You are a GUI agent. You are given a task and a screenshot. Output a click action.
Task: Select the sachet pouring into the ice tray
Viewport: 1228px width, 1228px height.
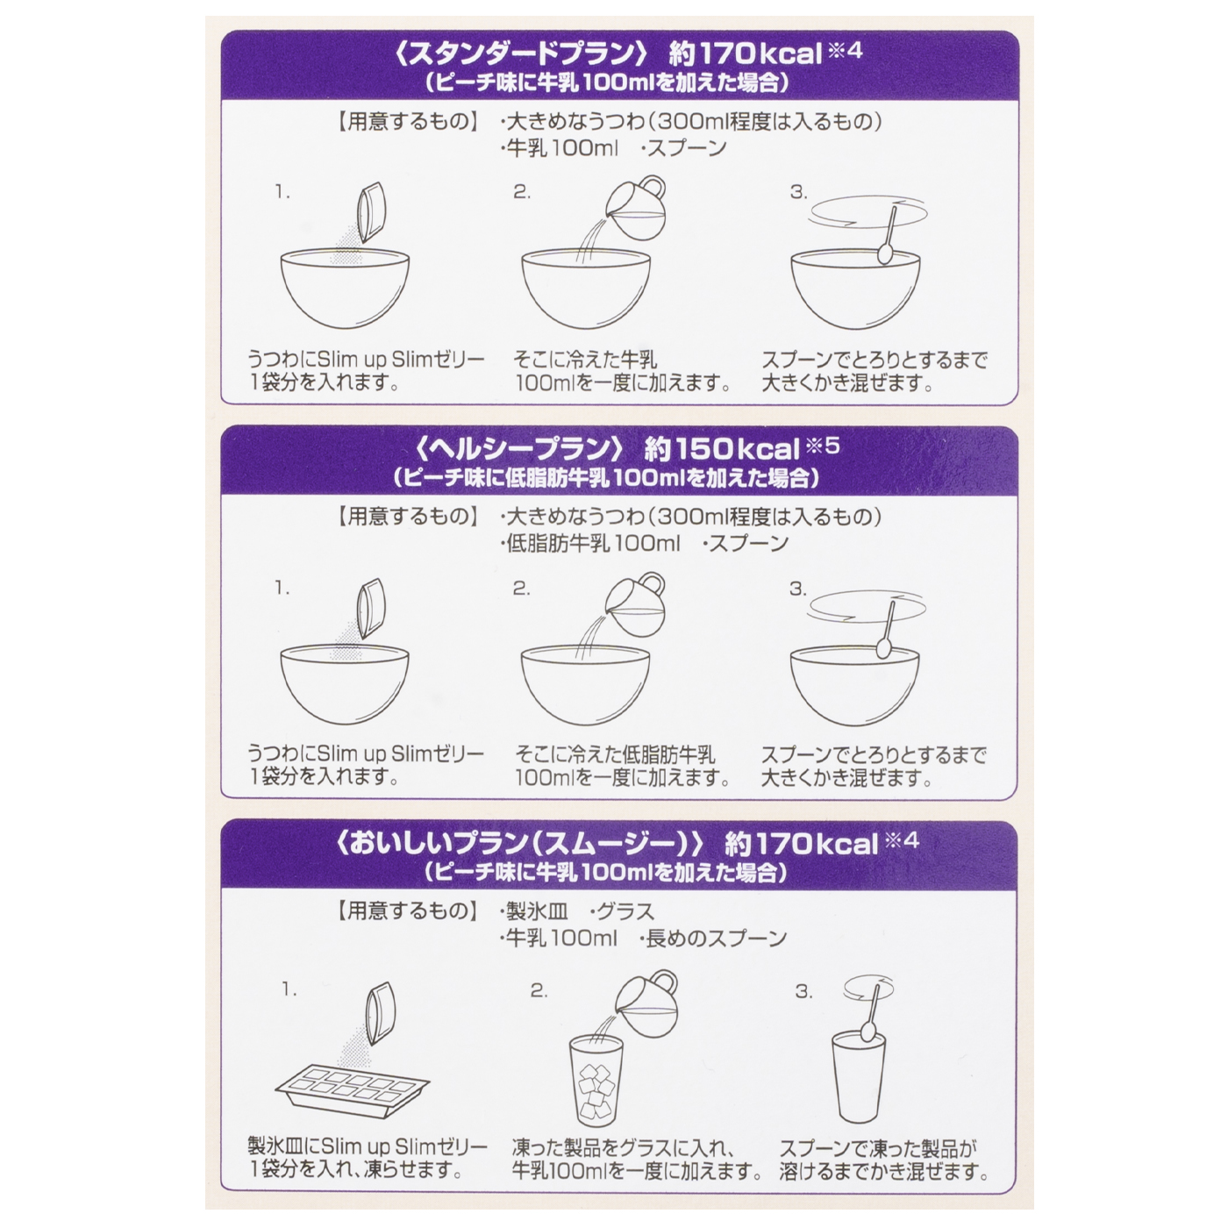[381, 1013]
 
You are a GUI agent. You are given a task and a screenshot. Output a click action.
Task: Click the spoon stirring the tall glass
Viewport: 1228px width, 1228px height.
[871, 1012]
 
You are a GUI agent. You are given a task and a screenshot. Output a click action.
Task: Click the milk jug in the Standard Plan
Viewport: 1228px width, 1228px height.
[635, 208]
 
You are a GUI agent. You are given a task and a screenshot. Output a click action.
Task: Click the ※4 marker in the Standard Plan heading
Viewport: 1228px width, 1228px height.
[845, 50]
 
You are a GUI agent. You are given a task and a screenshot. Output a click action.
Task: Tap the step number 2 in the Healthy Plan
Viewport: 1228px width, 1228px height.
[521, 589]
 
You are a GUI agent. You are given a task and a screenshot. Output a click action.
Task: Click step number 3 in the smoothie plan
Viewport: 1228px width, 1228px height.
[803, 991]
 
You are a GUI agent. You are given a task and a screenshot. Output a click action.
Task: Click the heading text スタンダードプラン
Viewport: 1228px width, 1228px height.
[521, 54]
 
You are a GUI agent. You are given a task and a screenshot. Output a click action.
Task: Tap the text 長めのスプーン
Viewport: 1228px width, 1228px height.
[717, 939]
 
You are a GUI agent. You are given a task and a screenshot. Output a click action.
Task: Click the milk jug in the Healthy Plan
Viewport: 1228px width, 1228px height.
[634, 604]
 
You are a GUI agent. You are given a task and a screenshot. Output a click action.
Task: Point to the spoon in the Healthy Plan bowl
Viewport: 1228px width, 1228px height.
[886, 630]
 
